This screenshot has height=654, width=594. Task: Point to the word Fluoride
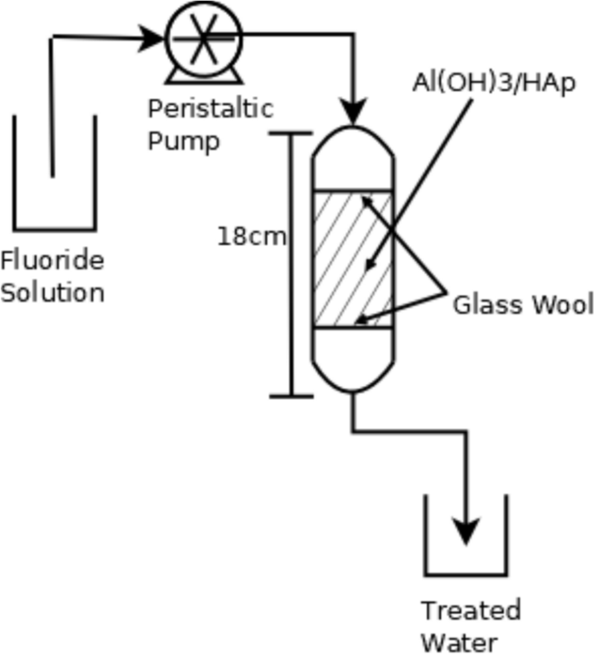click(51, 260)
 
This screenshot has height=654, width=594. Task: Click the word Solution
click(52, 292)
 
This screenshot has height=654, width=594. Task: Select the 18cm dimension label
click(251, 236)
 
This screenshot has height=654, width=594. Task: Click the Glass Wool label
click(522, 304)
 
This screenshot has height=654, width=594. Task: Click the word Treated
click(470, 611)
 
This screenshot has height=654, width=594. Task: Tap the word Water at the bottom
click(460, 642)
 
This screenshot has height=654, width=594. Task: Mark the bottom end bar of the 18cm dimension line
click(290, 396)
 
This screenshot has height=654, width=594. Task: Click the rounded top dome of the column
click(353, 143)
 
